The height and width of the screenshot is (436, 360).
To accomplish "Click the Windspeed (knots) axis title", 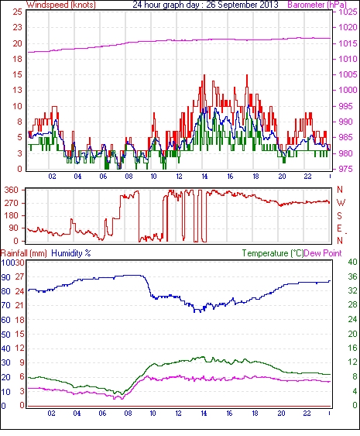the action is [x=61, y=5].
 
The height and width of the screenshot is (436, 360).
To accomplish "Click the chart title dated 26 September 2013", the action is [x=205, y=5].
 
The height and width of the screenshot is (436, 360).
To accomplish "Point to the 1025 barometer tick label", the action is [x=348, y=12].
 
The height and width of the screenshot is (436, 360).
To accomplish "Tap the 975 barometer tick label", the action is [x=346, y=169].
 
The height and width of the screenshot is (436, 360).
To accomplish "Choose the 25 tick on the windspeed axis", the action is [x=17, y=12].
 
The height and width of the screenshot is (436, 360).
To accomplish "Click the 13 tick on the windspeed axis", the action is [x=17, y=90].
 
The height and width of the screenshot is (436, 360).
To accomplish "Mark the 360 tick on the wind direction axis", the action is [x=12, y=191].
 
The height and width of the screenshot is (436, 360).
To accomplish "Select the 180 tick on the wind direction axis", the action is [x=12, y=215].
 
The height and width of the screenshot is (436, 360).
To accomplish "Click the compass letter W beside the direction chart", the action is [x=341, y=202].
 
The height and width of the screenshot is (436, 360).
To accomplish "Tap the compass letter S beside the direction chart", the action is [x=339, y=215].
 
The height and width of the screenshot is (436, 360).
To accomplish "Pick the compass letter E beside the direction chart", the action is [x=339, y=228].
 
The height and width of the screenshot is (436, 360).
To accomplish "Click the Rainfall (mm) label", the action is [x=24, y=253].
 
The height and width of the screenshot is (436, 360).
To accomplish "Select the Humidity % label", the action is [x=71, y=253].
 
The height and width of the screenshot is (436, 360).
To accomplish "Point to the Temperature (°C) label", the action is [x=273, y=253].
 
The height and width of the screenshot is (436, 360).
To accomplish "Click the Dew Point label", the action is [x=323, y=253].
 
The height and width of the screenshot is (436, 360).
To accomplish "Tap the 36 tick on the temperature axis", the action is [x=352, y=276].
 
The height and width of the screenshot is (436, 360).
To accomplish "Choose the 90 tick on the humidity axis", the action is [x=6, y=277].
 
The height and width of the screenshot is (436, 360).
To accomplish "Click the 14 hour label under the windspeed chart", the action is [x=204, y=177].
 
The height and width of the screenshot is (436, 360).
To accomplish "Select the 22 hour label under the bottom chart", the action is [x=307, y=414].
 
